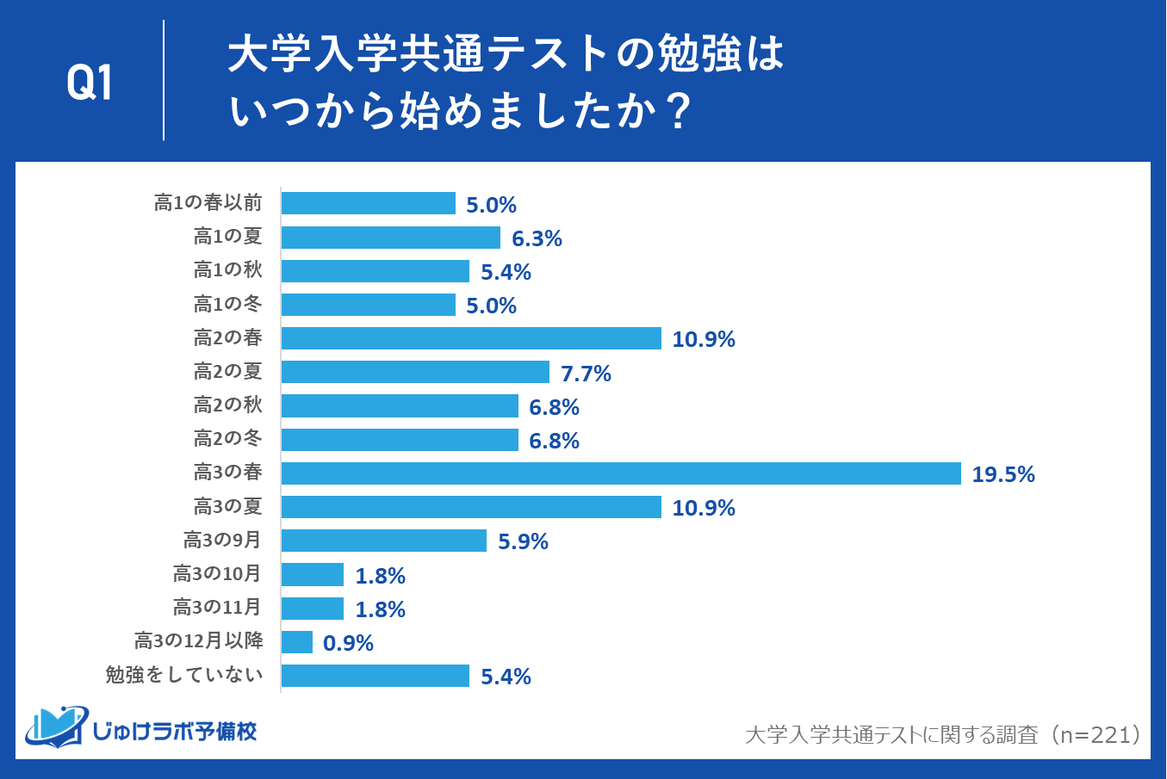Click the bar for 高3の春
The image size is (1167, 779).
click(620, 473)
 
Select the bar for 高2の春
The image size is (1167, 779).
click(471, 338)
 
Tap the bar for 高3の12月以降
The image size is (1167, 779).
click(296, 642)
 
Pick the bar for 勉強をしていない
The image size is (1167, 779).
click(375, 676)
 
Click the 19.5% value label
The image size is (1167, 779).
click(1003, 474)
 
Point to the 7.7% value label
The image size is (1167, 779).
click(586, 374)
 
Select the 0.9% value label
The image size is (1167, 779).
click(348, 643)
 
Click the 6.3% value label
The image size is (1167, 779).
click(537, 238)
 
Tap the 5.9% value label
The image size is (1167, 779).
click(523, 541)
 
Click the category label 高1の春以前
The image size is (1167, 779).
click(208, 203)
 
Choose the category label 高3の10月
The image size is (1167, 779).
click(217, 574)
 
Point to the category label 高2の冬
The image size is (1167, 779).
click(227, 439)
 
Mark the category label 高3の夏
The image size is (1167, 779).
click(227, 506)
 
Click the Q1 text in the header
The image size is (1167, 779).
click(90, 83)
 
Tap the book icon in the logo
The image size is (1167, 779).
click(55, 727)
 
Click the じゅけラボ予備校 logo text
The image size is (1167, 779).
click(174, 732)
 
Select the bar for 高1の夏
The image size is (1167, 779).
click(390, 238)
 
